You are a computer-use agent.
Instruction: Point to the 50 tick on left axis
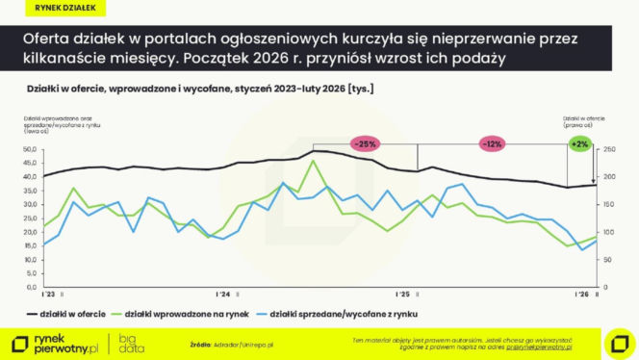[32, 149]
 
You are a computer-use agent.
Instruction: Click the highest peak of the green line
[312, 162]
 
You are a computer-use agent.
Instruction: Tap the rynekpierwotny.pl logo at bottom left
[58, 344]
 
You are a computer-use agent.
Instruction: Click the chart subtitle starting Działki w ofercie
[192, 90]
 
